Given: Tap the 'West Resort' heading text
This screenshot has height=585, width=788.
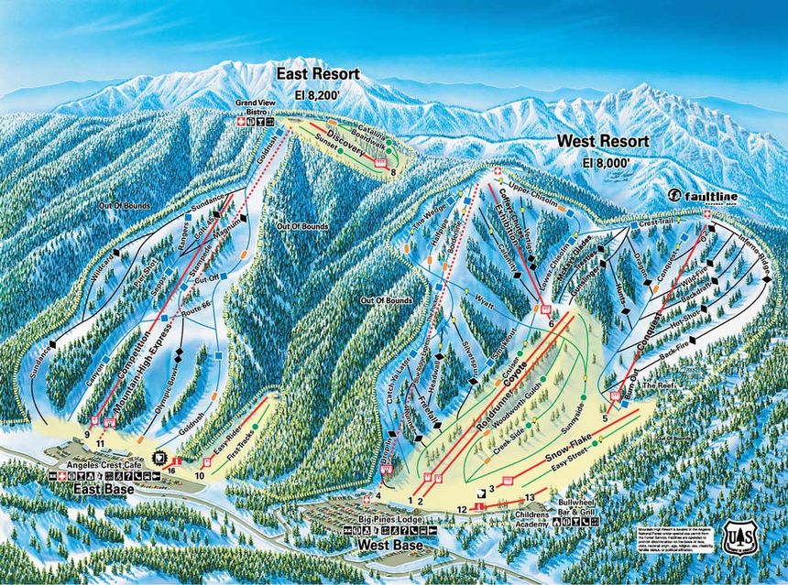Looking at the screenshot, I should [x=602, y=142].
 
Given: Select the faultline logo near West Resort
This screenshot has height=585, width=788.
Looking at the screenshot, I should [x=703, y=195].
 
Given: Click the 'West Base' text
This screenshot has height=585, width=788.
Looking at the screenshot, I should [x=384, y=546].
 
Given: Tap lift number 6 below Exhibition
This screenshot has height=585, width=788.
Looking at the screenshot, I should [x=552, y=323].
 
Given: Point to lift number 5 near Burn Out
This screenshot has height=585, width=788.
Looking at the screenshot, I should [x=605, y=419].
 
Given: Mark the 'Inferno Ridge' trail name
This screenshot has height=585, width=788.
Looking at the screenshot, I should [x=750, y=249].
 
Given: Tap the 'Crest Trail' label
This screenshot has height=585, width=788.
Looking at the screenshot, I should [x=656, y=222].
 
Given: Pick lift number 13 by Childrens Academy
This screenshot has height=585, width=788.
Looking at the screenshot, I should [x=529, y=497].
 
